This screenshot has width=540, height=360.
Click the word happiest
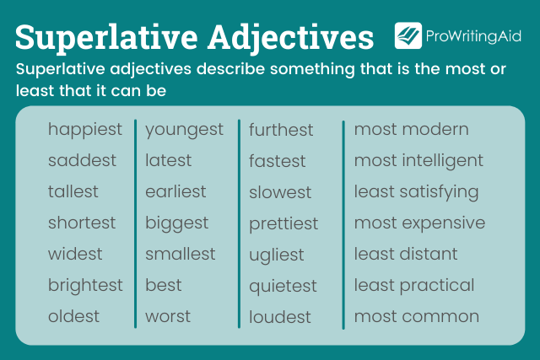(84, 130)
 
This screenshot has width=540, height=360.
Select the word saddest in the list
(82, 160)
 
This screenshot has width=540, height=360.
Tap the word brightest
(85, 286)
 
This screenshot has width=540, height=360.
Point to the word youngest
(184, 130)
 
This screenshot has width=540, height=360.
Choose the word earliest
(175, 192)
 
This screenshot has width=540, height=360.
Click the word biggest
(176, 223)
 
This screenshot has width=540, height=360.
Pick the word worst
(168, 317)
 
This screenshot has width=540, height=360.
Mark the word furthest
(281, 131)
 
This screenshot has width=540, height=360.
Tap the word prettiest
(283, 224)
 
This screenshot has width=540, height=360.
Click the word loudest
(280, 318)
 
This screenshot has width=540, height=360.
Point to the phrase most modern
(411, 130)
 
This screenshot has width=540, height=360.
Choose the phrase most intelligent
(418, 160)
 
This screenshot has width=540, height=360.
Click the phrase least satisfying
(416, 192)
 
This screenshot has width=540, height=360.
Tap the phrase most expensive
(419, 223)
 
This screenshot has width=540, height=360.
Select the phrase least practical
(413, 286)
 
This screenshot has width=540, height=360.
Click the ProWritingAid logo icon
(408, 35)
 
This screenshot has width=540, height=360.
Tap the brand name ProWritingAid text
(475, 36)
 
